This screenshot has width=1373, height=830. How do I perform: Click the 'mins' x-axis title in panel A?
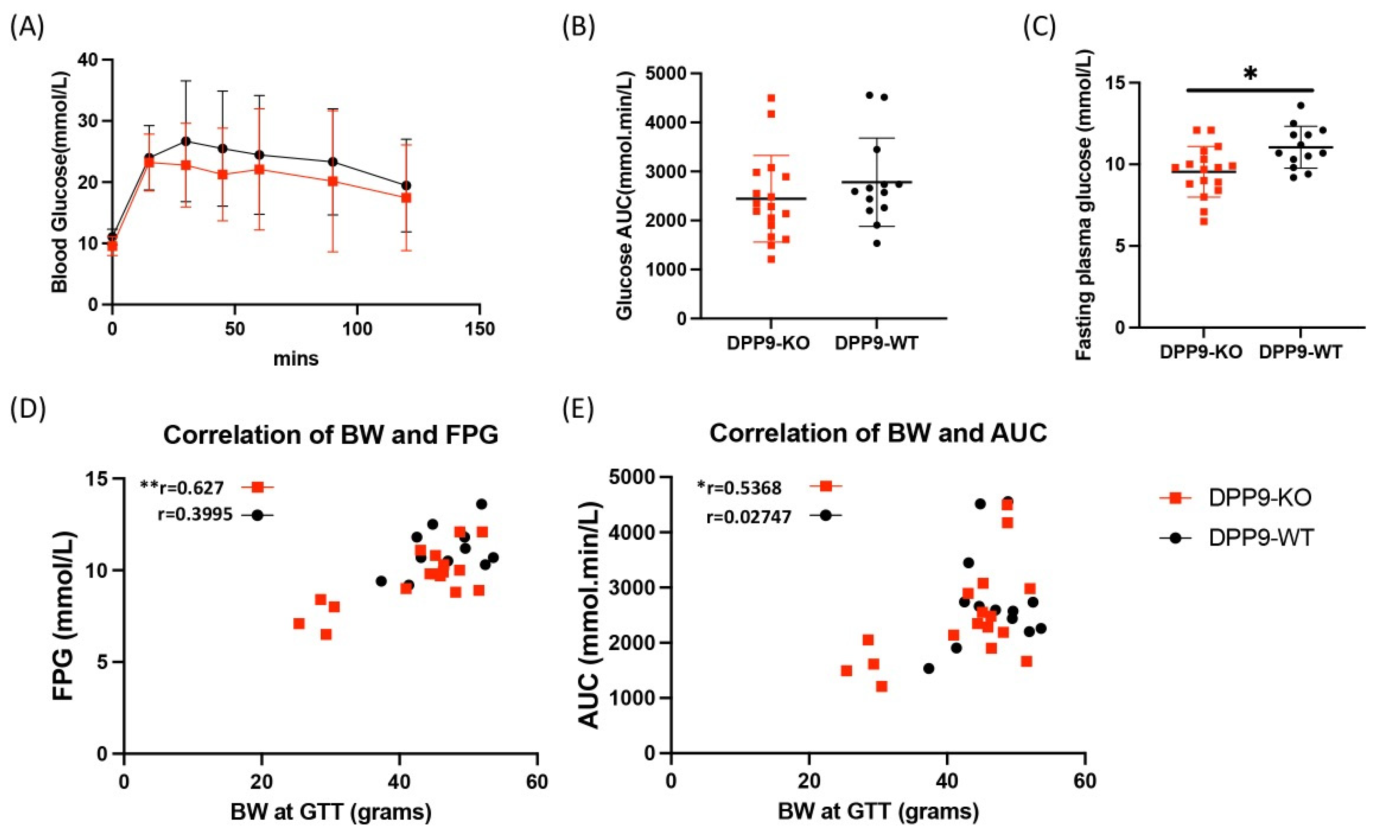[x=296, y=358]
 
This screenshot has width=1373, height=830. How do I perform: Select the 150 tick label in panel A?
[x=479, y=329]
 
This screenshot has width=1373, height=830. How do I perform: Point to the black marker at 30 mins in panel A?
[x=186, y=141]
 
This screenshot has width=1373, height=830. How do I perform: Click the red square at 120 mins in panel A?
[x=406, y=197]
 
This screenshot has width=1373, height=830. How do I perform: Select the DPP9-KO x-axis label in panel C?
[x=1201, y=352]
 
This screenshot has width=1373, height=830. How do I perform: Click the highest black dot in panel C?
[x=1300, y=105]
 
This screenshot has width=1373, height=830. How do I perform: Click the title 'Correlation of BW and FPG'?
[x=331, y=435]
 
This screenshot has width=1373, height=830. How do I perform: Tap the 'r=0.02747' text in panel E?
[x=748, y=517]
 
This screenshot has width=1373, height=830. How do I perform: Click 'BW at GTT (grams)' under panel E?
[x=878, y=812]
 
